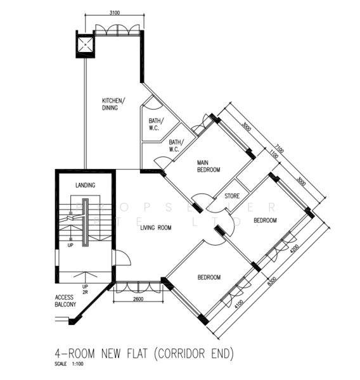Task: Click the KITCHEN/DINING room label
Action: (114, 104)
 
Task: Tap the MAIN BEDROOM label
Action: (209, 165)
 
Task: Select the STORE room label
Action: (232, 196)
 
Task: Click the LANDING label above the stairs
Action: (85, 185)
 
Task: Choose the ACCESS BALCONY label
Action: (66, 301)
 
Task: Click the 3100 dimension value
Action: (115, 13)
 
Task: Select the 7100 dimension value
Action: (280, 149)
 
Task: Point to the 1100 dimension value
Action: (274, 154)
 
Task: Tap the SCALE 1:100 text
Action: (69, 364)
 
